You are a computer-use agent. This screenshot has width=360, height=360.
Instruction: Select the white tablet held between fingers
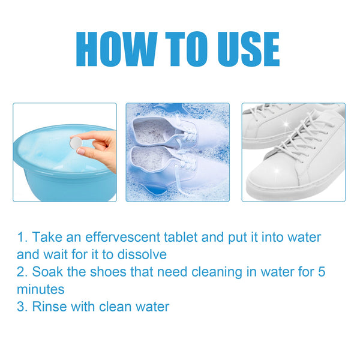pyautogui.click(x=76, y=143)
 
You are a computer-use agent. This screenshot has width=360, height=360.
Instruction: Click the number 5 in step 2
pyautogui.click(x=321, y=272)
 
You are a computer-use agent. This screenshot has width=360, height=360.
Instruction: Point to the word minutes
pyautogui.click(x=40, y=289)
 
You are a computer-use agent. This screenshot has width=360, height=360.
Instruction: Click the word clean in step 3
pyautogui.click(x=115, y=307)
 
